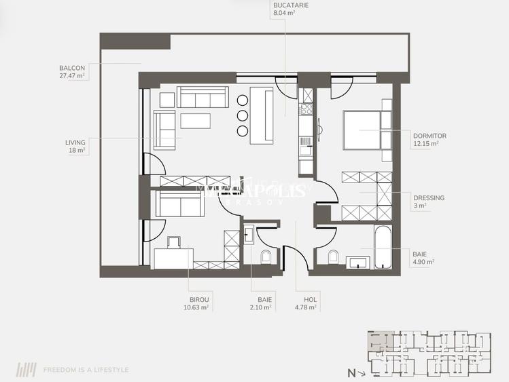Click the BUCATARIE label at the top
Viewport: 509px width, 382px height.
[x=285, y=9]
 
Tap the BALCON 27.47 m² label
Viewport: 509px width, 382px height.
[x=72, y=72]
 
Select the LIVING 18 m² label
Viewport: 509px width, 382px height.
[x=75, y=147]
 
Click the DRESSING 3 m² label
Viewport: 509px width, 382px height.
[x=428, y=202]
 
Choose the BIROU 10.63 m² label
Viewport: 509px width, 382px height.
[x=200, y=303]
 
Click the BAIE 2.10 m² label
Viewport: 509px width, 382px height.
[x=261, y=303]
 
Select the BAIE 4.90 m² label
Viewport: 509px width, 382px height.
[x=423, y=257]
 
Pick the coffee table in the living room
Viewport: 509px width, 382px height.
[x=196, y=121]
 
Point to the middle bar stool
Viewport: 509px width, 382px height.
[x=243, y=116]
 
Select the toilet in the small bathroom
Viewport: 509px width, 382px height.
[x=266, y=256]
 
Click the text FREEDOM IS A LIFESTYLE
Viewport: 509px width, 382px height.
[x=86, y=370]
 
